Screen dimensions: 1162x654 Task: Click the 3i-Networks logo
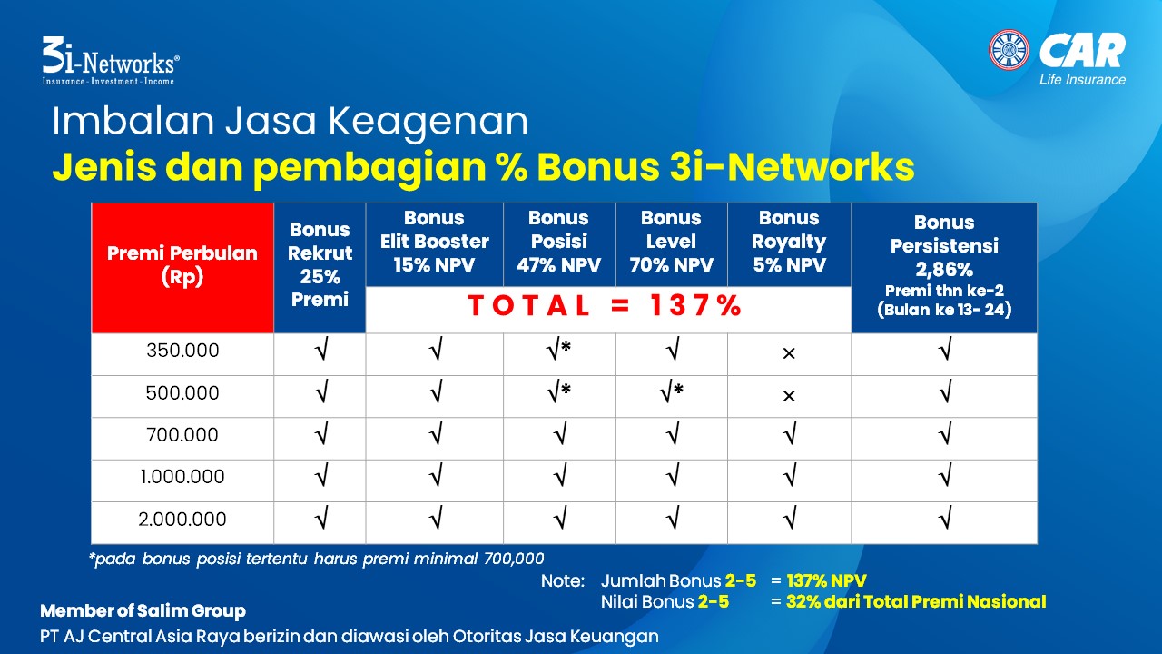[x=111, y=61]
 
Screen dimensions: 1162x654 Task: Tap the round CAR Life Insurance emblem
[x=1009, y=50]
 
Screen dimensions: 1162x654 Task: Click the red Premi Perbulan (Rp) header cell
[x=182, y=268]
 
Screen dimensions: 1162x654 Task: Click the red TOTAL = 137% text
[x=605, y=305]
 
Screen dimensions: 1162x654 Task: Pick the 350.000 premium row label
[x=182, y=351]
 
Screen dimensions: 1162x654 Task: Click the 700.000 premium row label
[x=182, y=435]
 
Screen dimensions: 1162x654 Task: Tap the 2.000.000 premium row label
[x=182, y=519]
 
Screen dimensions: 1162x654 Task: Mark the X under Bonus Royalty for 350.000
[x=789, y=353]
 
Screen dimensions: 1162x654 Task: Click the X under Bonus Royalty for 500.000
[x=789, y=396]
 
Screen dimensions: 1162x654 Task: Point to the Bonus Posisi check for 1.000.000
[x=560, y=475]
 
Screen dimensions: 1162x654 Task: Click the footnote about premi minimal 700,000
[x=317, y=559]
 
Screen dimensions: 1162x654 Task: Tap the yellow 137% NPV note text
[x=826, y=580]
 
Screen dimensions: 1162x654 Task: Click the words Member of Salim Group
[x=143, y=611]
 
